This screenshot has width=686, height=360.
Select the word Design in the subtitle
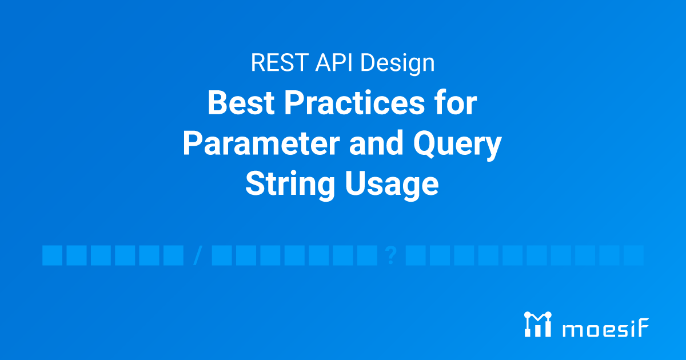click(x=397, y=63)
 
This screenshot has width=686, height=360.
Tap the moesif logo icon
click(x=537, y=324)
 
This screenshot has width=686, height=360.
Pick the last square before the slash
click(x=173, y=255)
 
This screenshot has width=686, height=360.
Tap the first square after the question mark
click(x=415, y=255)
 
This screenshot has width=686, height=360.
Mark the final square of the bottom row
click(x=633, y=255)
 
